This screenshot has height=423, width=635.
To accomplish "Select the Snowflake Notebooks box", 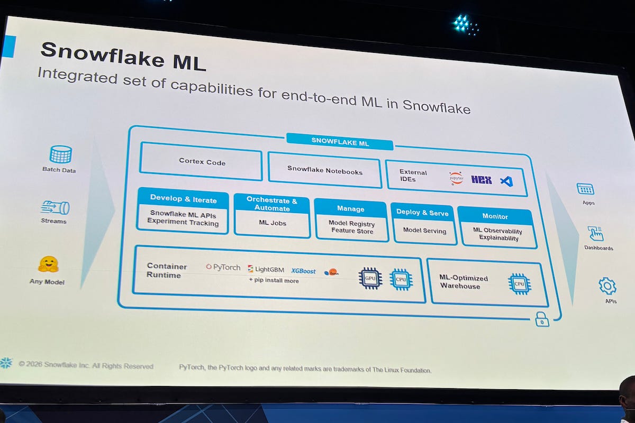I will point(324,170).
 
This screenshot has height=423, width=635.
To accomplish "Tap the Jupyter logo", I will point(456,178).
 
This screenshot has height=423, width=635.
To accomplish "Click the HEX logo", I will point(482,180).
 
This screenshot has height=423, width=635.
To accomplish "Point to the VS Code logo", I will point(506,181).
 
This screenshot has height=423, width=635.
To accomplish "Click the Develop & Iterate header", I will point(183,199).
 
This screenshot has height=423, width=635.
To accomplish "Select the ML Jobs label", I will point(272,223).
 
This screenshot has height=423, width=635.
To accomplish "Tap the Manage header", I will point(350,209).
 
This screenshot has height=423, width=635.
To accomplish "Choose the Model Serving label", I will point(424,231).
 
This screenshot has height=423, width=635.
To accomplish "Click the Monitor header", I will point(495,216).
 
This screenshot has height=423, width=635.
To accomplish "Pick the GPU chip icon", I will point(370,278).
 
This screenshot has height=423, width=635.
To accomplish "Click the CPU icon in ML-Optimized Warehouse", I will point(519,284).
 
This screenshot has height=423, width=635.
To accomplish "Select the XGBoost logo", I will point(303,271).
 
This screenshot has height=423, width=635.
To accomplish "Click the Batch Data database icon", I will point(60,154).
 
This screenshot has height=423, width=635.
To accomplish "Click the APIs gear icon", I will point(607,286).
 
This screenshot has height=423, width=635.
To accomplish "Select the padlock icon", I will point(541,319).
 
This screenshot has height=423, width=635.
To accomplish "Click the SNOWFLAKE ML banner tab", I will point(340,141).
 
